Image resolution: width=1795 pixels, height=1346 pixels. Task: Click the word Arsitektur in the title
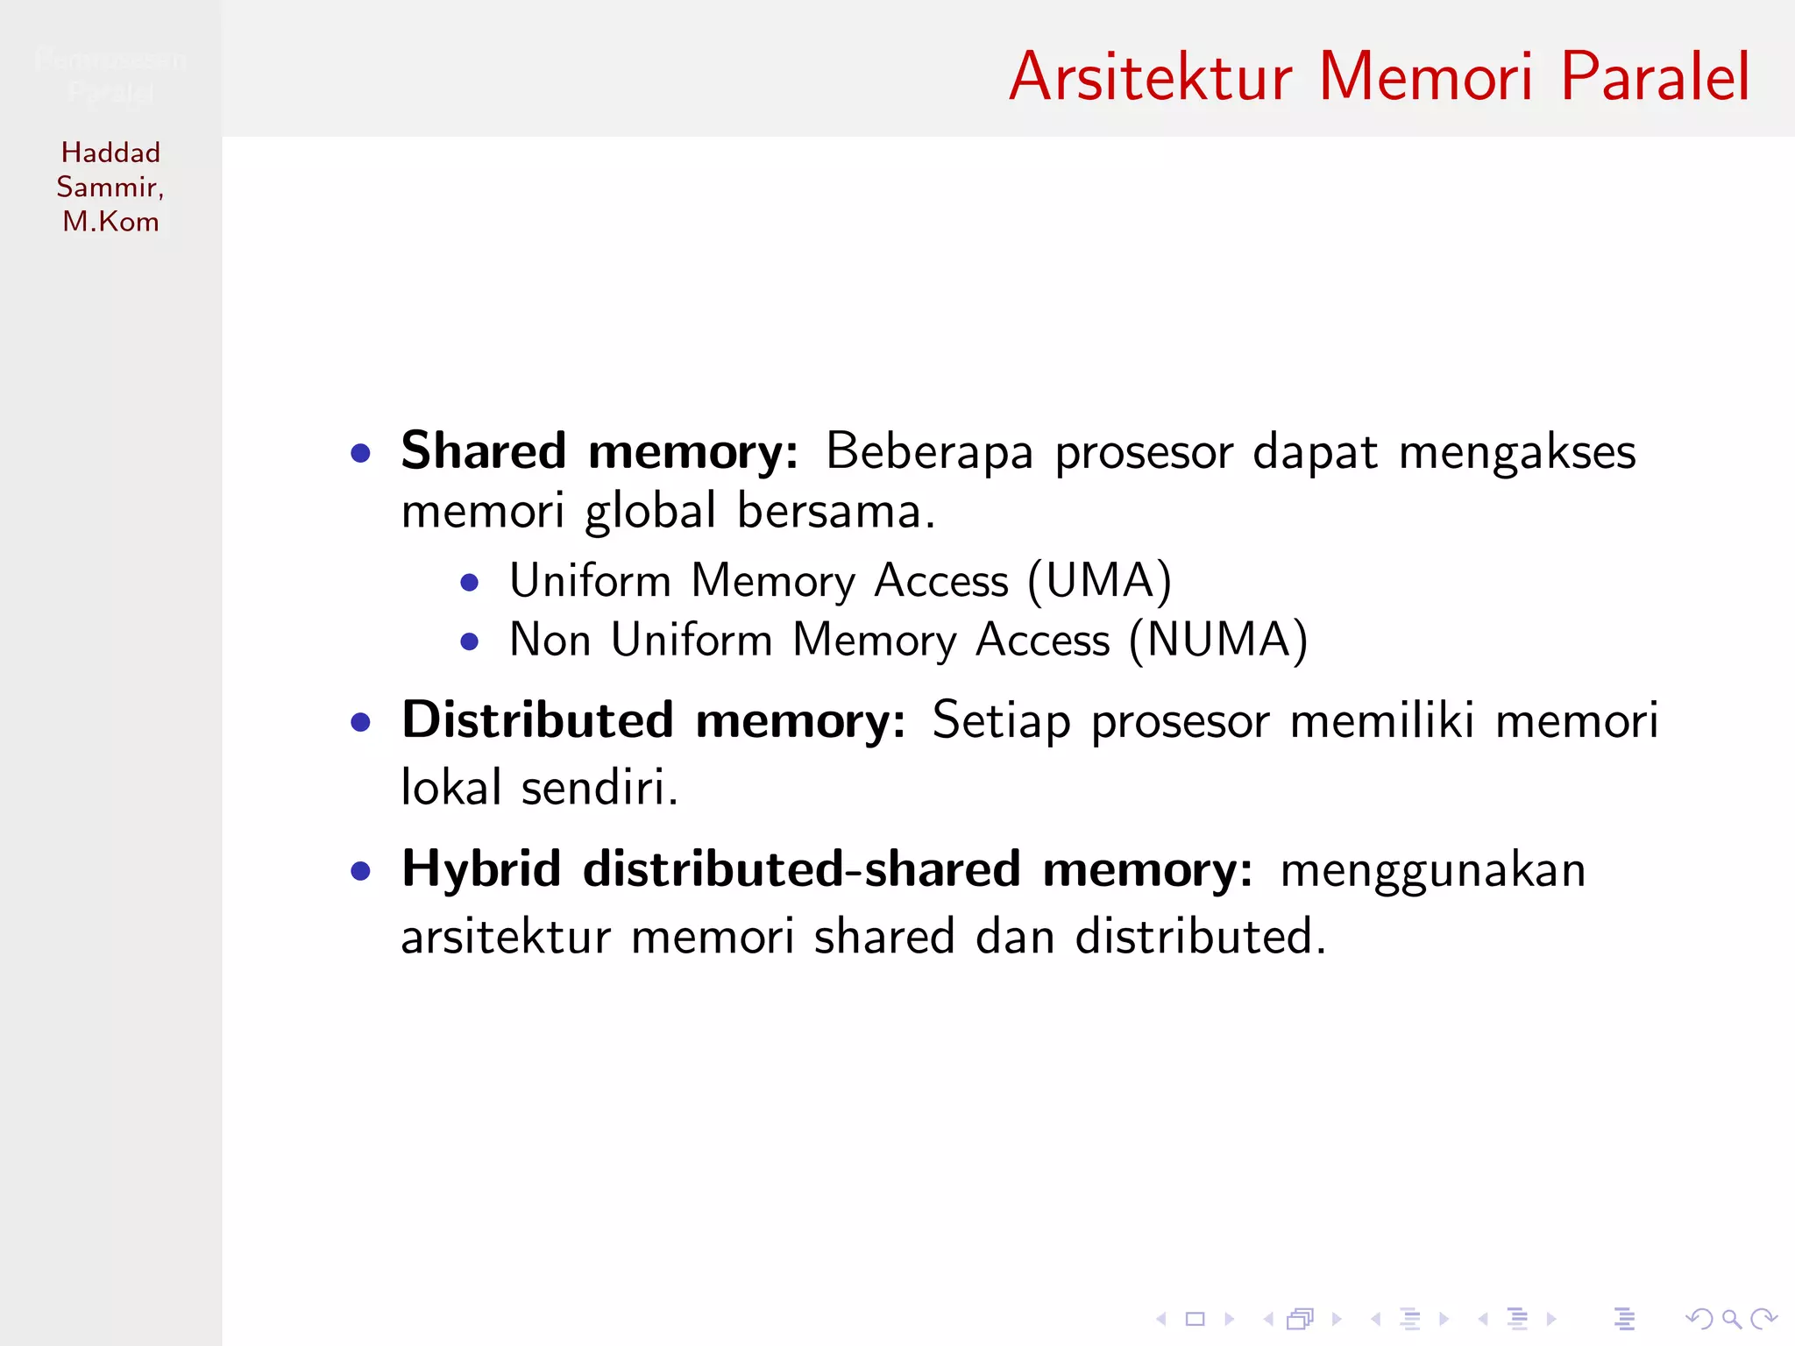tap(1150, 77)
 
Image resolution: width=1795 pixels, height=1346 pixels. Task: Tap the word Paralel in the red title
tap(1655, 77)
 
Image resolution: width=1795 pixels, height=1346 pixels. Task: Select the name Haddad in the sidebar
tap(110, 152)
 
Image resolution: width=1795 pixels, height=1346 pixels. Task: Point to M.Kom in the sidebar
tap(110, 222)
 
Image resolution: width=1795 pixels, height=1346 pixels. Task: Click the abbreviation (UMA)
tap(1099, 581)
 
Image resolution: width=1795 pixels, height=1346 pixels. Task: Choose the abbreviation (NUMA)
tap(1218, 640)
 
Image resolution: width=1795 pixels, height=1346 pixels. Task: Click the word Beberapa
tap(929, 452)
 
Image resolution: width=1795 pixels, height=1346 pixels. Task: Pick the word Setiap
tap(1001, 721)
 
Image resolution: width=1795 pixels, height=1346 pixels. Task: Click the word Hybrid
tap(481, 869)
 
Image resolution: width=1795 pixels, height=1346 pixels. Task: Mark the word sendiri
tap(600, 787)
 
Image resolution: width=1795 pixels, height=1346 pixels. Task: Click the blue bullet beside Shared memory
tap(360, 453)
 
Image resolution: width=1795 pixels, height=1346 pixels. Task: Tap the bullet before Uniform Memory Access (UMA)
tap(470, 583)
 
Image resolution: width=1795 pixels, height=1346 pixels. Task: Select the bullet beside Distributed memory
tap(360, 722)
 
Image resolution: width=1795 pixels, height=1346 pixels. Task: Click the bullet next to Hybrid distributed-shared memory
tap(360, 871)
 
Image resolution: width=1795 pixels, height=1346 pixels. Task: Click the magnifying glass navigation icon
tap(1730, 1318)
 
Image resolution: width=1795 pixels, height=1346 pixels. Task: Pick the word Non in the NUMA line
tap(550, 640)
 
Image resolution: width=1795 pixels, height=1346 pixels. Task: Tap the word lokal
tap(451, 787)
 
